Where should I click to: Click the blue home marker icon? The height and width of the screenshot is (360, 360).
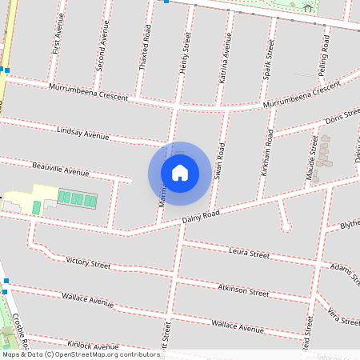tap(179, 172)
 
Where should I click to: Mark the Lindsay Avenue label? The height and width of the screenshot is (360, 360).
tap(82, 132)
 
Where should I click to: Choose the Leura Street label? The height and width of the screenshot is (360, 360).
tap(249, 254)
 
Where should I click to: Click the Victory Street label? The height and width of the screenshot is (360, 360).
tap(88, 262)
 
